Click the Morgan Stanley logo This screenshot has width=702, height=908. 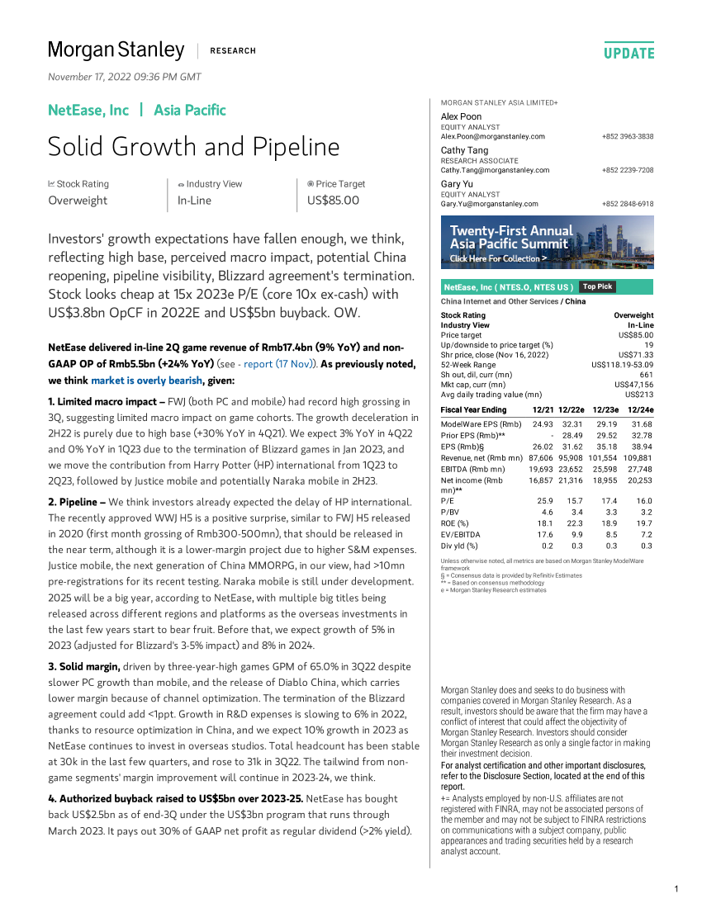(x=116, y=50)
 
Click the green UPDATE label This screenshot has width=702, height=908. (x=628, y=53)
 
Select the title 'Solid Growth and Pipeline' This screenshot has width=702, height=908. (x=193, y=147)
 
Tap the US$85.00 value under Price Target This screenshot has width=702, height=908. (x=333, y=200)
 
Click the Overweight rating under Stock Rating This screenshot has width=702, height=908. (x=78, y=200)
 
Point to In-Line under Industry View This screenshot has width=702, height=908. (x=194, y=200)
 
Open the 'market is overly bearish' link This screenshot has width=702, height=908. (x=146, y=381)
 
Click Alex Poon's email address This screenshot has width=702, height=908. (x=493, y=136)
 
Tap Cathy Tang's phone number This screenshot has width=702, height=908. (x=628, y=170)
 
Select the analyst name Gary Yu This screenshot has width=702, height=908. (x=456, y=184)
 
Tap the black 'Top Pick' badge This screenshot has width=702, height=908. (x=597, y=286)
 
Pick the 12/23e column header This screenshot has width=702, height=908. (x=606, y=410)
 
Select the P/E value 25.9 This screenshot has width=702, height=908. (x=543, y=501)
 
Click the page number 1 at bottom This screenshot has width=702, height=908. (x=676, y=888)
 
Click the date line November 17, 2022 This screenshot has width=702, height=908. (x=125, y=77)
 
